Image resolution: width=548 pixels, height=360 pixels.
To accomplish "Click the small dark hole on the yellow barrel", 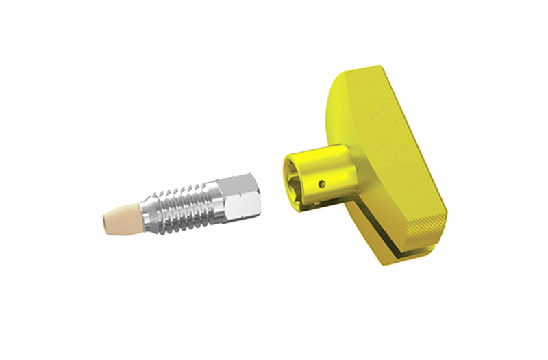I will (x=323, y=183).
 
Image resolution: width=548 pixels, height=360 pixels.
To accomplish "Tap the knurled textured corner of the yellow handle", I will (x=425, y=222).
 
